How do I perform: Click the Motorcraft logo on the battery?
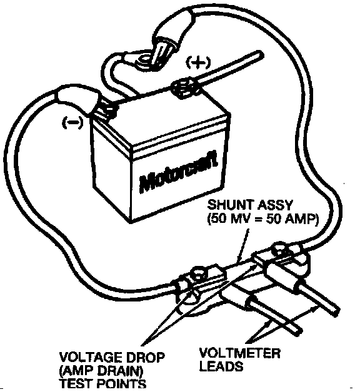pyautogui.click(x=178, y=172)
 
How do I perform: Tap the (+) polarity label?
pyautogui.click(x=198, y=62)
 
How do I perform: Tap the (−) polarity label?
pyautogui.click(x=72, y=122)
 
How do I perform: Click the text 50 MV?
pyautogui.click(x=230, y=219)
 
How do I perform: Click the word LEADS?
pyautogui.click(x=221, y=366)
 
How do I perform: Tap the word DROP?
pyautogui.click(x=144, y=357)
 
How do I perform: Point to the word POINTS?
pyautogui.click(x=121, y=384)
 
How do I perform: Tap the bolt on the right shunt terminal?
pyautogui.click(x=280, y=250)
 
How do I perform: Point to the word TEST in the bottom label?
pyautogui.click(x=77, y=384)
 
